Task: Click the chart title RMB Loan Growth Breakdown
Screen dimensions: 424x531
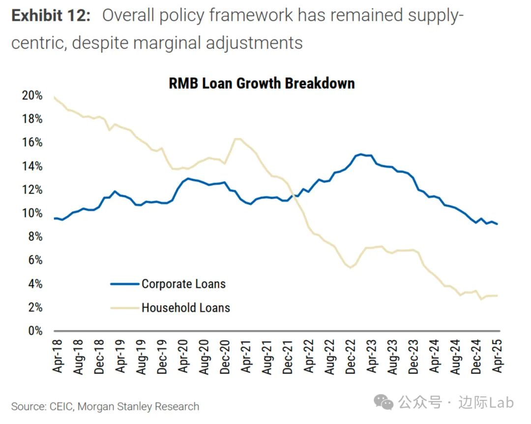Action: coord(262,83)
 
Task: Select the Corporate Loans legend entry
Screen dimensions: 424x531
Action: coord(183,284)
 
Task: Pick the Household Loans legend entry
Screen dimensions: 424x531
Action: coord(185,308)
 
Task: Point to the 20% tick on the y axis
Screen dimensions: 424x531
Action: coord(32,96)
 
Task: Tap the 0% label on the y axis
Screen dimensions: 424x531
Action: coord(35,331)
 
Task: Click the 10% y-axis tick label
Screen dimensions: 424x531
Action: coord(32,213)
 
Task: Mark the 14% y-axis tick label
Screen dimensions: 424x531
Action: coord(32,166)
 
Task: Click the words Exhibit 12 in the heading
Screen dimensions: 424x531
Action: coord(51,16)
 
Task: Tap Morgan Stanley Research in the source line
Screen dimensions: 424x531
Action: coord(139,407)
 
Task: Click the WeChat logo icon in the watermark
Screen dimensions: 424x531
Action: coord(383,403)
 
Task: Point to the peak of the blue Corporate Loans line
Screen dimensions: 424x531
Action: coord(361,154)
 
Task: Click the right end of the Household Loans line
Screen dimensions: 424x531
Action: coord(497,295)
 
